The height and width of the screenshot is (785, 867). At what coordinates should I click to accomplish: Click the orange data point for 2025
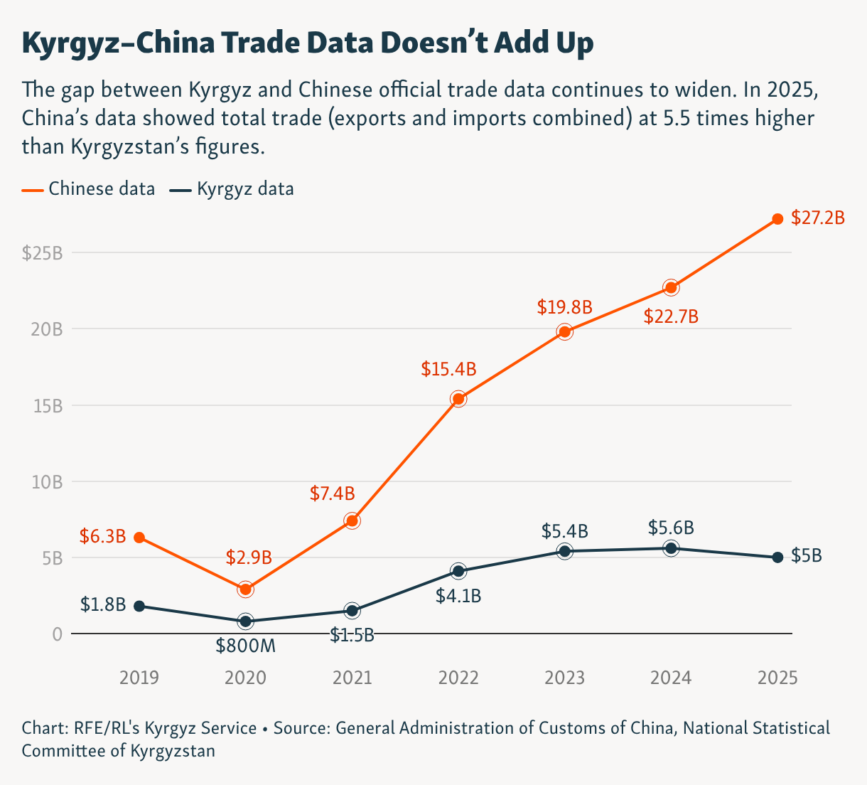coord(777,219)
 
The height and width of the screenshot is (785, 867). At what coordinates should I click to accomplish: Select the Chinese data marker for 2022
coord(458,399)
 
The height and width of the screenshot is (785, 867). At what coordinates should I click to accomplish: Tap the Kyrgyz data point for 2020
coord(246,621)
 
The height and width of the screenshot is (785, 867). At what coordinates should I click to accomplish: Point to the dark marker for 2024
coord(671,548)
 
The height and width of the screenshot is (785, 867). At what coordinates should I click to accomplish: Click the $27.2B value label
coord(818,218)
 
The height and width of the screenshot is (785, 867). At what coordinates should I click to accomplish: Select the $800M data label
coord(245,646)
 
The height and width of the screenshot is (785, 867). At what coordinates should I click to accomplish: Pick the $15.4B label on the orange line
coord(448,369)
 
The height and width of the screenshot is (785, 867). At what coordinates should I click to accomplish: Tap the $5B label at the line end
coord(807,556)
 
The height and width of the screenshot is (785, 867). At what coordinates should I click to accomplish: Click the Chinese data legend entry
coord(89,189)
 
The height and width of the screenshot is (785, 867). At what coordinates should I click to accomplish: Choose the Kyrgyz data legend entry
coord(232,189)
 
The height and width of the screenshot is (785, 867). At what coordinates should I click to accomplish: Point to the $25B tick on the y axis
coord(42,253)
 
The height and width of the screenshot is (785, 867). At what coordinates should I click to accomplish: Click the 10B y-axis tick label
coord(47,482)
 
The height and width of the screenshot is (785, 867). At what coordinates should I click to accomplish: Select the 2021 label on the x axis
coord(352,678)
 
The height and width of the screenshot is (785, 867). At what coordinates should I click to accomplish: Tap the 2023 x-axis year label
coord(565,678)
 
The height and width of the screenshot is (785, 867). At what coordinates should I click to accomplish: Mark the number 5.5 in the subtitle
coord(676,118)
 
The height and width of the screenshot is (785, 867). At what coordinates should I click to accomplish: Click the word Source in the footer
coord(301,728)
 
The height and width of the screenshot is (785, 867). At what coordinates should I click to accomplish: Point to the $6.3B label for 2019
coord(102,536)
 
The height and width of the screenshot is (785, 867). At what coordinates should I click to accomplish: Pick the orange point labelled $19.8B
coord(565,331)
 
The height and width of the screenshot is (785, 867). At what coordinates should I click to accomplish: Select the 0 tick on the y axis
coord(58,634)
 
